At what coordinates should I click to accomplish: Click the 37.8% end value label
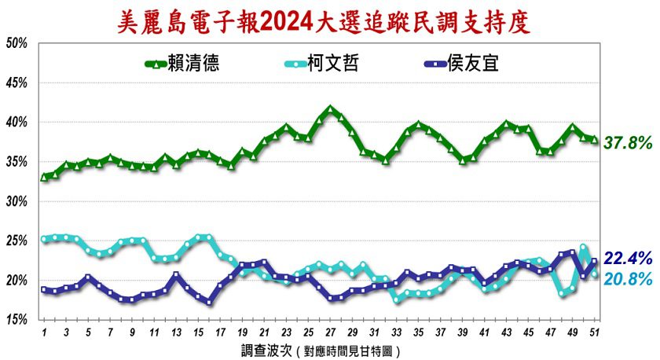click(628, 143)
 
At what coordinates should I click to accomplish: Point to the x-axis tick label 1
click(44, 332)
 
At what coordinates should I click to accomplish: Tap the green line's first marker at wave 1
click(44, 177)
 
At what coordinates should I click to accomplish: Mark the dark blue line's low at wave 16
click(209, 301)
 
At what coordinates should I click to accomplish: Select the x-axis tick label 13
click(176, 332)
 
